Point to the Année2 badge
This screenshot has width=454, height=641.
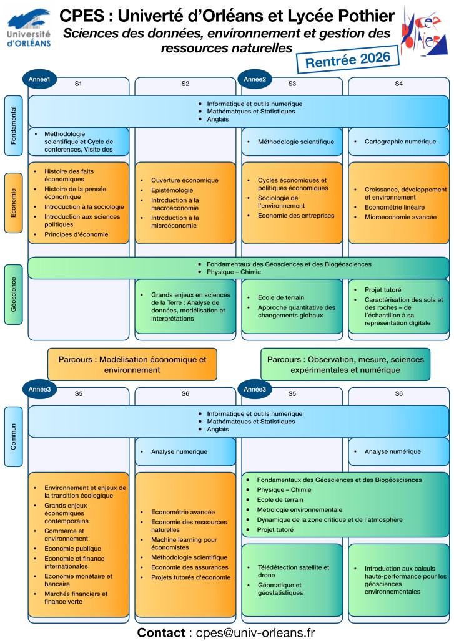(x=255, y=79)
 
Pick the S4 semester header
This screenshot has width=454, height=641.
(x=398, y=83)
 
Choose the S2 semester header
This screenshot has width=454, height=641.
(x=185, y=83)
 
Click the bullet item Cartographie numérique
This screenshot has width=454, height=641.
(x=400, y=142)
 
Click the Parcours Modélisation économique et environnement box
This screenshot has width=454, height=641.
(x=132, y=364)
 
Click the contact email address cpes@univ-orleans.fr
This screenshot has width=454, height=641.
(x=254, y=632)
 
